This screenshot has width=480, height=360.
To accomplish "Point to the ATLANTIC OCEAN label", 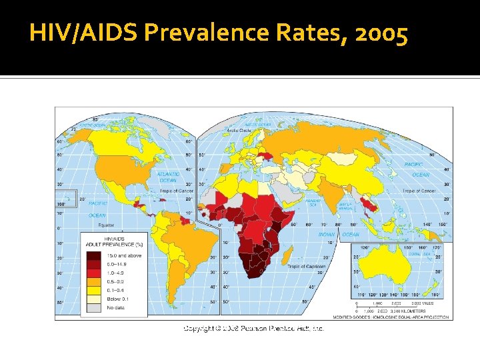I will [x=169, y=177].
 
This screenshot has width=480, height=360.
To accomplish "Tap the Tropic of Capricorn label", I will [x=307, y=266].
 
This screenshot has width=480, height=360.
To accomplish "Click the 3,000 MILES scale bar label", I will [x=422, y=303].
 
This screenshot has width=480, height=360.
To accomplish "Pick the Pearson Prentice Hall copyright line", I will [x=253, y=329].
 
